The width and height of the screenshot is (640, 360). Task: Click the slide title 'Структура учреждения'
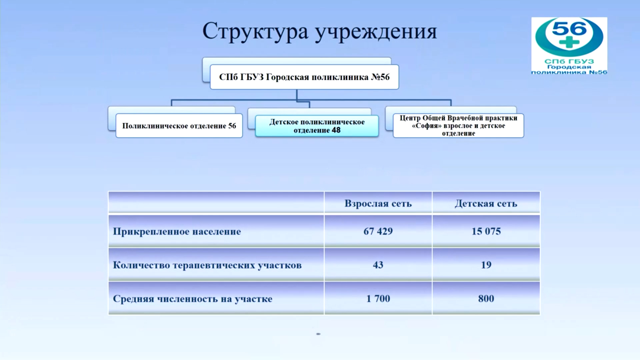point(320,32)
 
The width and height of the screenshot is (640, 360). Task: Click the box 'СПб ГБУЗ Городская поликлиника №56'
point(304,77)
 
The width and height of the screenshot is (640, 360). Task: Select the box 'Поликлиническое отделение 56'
point(179,126)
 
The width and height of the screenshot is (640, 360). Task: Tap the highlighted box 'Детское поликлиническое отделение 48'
point(317,126)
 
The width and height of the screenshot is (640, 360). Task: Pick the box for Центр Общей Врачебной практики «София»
point(458,126)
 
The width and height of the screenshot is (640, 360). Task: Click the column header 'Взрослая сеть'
point(378,203)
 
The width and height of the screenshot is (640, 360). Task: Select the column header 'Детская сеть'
point(486,203)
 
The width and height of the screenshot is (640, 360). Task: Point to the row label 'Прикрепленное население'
point(177,231)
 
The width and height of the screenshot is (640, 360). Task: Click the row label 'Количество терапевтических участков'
point(207,265)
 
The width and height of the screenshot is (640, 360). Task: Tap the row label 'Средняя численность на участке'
point(192,299)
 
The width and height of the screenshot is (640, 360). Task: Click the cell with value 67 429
point(378,231)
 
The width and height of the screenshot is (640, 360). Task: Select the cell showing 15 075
point(486,231)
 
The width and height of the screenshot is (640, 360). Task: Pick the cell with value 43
point(378,265)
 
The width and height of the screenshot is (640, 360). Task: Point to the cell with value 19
point(486,265)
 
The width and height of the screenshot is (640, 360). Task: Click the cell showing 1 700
point(378,298)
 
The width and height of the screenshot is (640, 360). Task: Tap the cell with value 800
point(486,298)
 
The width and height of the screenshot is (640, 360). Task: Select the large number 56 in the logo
point(569,28)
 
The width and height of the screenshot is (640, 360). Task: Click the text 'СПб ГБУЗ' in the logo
point(569,61)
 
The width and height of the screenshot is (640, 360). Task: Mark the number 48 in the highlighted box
point(336,130)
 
